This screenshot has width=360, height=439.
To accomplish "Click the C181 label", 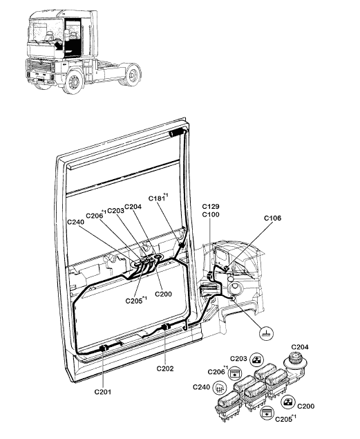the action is tap(157, 198).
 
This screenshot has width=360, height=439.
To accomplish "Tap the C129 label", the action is tap(211, 206).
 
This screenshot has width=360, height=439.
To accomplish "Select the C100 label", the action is tap(211, 214).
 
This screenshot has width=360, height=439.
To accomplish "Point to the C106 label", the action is tap(273, 218).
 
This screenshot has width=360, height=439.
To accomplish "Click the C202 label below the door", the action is tap(165, 368).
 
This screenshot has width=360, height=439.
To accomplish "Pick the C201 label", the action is tap(103, 392).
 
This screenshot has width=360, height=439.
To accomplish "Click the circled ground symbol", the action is tap(266, 333).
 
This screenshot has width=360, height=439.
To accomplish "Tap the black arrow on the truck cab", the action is tap(59, 45).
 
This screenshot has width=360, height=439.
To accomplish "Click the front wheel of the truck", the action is tap(74, 81).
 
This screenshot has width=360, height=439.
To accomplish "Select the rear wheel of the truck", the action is tap(132, 75).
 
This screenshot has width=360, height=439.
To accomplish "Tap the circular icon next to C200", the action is tap(288, 402).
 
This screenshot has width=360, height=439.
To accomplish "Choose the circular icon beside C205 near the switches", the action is tap(266, 413).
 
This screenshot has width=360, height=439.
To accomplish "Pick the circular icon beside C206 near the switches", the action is tap(234, 373).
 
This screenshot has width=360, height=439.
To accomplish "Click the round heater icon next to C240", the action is tap(220, 388).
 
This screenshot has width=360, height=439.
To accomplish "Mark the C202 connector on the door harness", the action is tap(167, 327).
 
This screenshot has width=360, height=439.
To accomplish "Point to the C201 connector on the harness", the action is tap(104, 348).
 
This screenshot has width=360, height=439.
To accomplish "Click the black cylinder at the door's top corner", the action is tap(176, 132).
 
